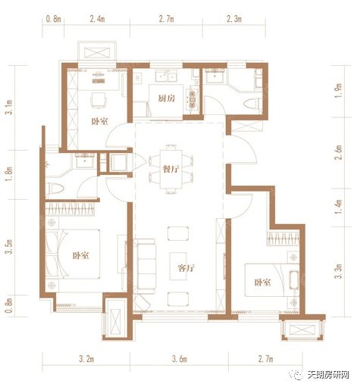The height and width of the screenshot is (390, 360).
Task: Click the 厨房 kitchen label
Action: (167, 98)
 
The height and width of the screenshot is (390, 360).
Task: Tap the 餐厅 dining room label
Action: (171, 169)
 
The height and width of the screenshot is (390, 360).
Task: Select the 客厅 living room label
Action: (186, 268)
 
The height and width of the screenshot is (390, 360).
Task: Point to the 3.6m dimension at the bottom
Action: (180, 359)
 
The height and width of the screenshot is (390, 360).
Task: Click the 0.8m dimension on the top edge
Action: (53, 19)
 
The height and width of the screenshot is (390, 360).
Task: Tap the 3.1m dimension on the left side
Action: (9, 108)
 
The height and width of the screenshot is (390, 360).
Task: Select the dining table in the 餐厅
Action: (171, 169)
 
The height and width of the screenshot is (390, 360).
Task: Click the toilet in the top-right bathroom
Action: (252, 104)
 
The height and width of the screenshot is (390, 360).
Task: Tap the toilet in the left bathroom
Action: (55, 188)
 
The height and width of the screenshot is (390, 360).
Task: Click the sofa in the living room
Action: (145, 267)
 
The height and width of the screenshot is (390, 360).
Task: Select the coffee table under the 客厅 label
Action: (178, 266)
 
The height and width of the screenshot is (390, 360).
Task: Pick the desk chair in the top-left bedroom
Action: (98, 100)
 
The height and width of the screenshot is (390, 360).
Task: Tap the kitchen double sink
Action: (166, 76)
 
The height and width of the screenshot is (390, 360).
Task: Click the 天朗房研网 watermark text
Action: (328, 375)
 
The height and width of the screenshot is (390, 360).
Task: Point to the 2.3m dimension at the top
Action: (234, 19)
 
